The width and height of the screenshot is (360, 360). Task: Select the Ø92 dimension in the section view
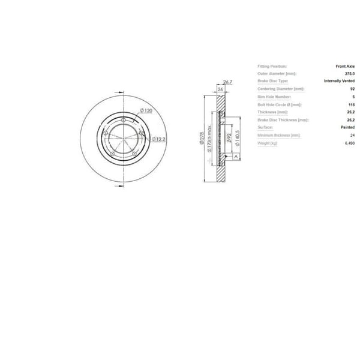(x=230, y=139)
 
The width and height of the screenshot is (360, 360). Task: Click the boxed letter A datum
(x=236, y=155)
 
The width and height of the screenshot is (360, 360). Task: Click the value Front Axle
(x=345, y=65)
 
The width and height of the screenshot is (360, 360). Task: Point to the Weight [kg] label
(x=268, y=143)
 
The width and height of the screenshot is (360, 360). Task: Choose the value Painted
(x=347, y=127)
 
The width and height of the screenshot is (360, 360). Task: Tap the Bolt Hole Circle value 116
(x=351, y=104)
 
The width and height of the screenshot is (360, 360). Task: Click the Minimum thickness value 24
(x=352, y=136)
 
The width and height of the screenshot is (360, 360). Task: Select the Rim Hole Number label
(x=274, y=97)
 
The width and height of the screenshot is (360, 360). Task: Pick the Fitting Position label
(x=272, y=65)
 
